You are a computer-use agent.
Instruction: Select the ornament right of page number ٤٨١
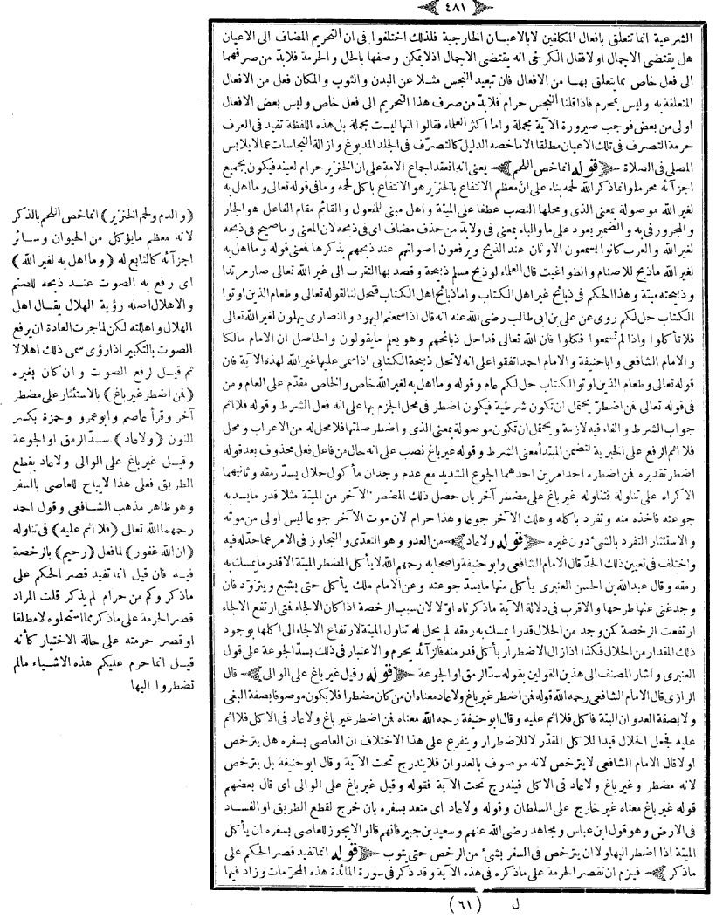coord(389,10)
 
